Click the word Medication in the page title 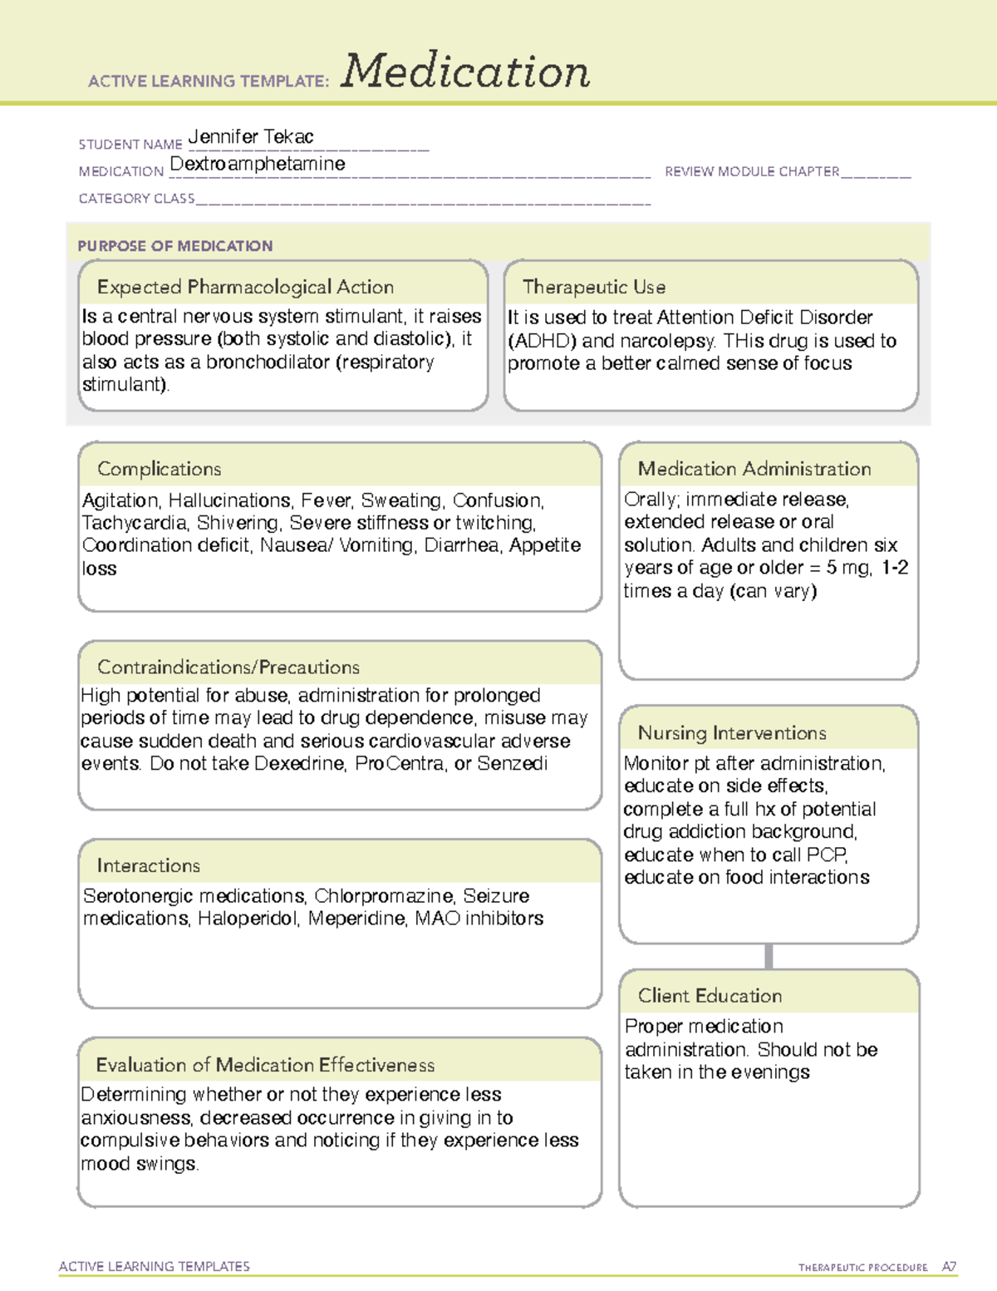(465, 71)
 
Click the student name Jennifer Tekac (251, 136)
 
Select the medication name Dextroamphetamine (258, 164)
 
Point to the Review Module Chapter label (752, 171)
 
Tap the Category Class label (136, 199)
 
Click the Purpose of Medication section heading (174, 246)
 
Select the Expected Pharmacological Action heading (245, 287)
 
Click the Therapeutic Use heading (594, 287)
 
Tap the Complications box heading (159, 469)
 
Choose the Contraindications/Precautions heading (228, 668)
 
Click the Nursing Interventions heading (732, 733)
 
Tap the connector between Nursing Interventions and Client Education (769, 956)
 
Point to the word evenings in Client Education (771, 1072)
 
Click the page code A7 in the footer (949, 1267)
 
